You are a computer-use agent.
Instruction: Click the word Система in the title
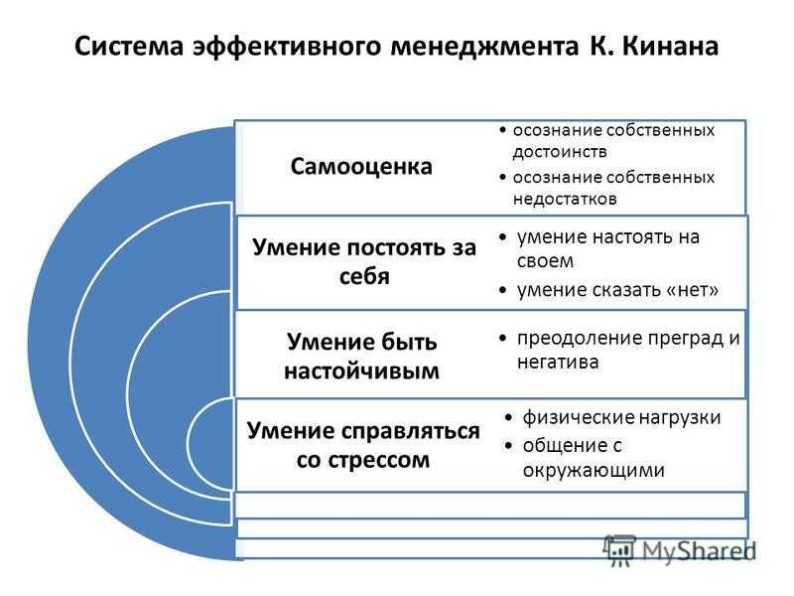(129, 46)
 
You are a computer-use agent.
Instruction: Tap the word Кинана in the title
(670, 46)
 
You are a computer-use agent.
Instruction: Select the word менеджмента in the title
(484, 47)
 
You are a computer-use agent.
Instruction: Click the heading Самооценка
(361, 166)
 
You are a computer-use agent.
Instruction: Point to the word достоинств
(560, 152)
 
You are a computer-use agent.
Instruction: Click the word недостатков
(565, 199)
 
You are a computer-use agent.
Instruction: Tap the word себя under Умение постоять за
(364, 276)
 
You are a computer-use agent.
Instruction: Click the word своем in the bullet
(545, 261)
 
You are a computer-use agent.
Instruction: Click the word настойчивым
(361, 371)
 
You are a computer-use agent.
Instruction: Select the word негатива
(558, 363)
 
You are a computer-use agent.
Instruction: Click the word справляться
(410, 431)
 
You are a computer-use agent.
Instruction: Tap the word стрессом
(379, 461)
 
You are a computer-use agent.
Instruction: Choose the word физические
(579, 417)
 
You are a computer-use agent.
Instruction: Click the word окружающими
(594, 471)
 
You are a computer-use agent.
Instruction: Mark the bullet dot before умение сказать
(502, 290)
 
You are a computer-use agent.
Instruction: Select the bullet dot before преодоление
(502, 339)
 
